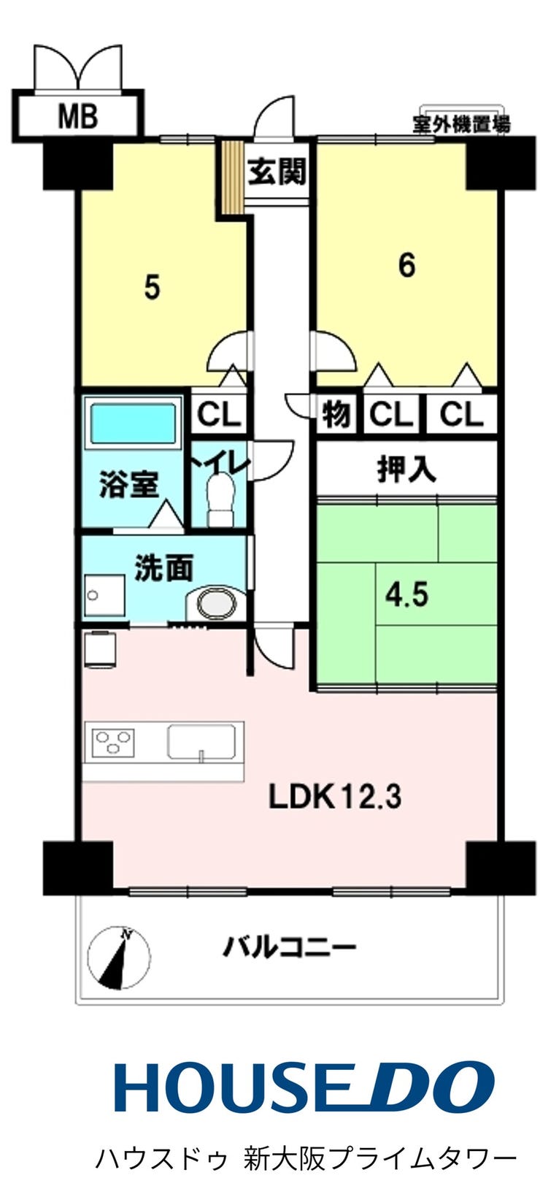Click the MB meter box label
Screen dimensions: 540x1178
77,116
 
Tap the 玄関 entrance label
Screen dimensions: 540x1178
277,171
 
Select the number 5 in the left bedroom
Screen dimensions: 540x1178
152,288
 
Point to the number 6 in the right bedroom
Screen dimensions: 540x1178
406,265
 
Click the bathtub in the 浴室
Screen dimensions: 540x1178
133,424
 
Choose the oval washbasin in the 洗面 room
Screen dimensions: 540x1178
216,603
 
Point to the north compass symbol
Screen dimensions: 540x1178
119,956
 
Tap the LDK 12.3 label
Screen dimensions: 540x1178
335,797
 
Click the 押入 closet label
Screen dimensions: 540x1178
406,469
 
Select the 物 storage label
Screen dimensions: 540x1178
336,414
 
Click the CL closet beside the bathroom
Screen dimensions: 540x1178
218,414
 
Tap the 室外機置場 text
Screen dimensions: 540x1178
460,125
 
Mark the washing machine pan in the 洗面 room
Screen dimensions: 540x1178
104,595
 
